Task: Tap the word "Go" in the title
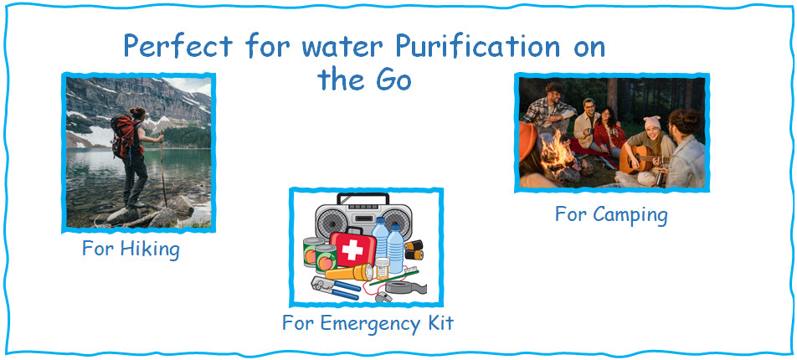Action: (x=388, y=80)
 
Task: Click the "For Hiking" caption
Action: (x=131, y=249)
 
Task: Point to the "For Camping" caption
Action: (x=611, y=214)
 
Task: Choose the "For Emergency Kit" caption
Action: (x=368, y=322)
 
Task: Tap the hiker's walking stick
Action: (x=161, y=167)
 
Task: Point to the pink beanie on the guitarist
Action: (x=652, y=123)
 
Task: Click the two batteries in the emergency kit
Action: (x=414, y=249)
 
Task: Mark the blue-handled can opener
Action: (x=335, y=286)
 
